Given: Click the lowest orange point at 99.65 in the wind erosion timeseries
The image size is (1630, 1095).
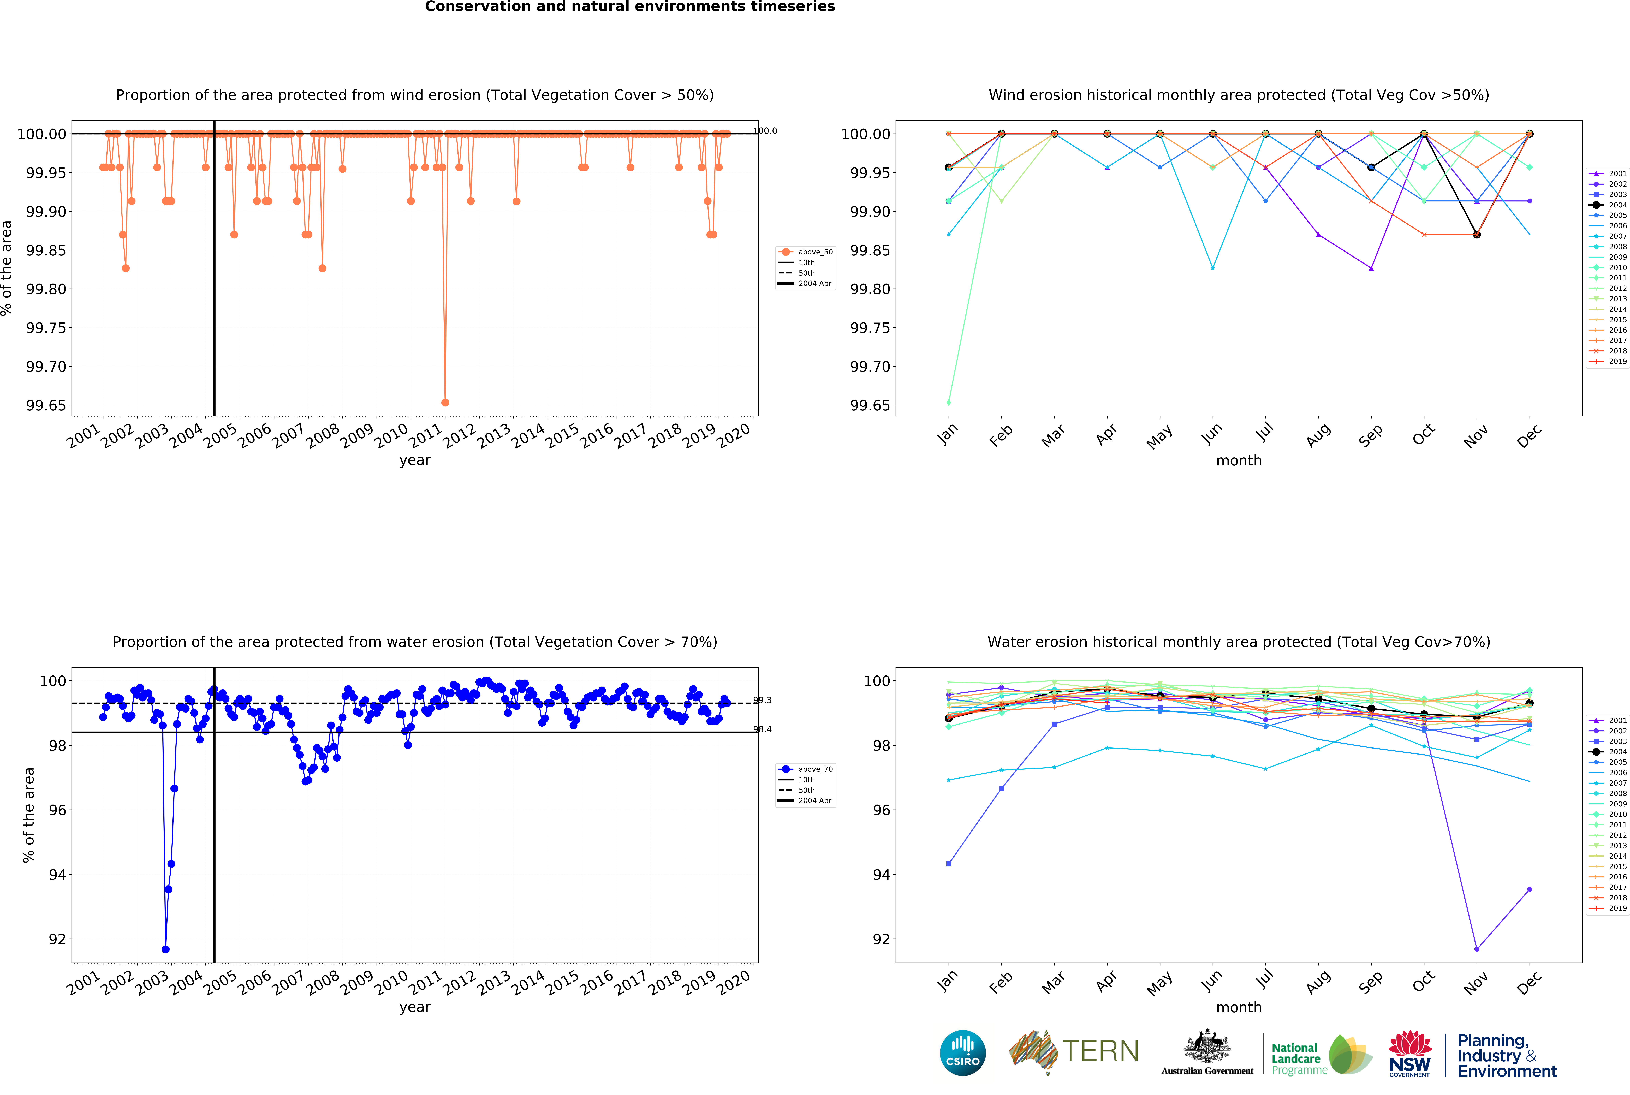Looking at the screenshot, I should coord(445,402).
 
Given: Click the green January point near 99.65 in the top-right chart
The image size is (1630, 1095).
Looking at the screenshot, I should coord(948,402).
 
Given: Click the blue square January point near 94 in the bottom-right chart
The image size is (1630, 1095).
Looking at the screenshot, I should coord(948,864).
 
